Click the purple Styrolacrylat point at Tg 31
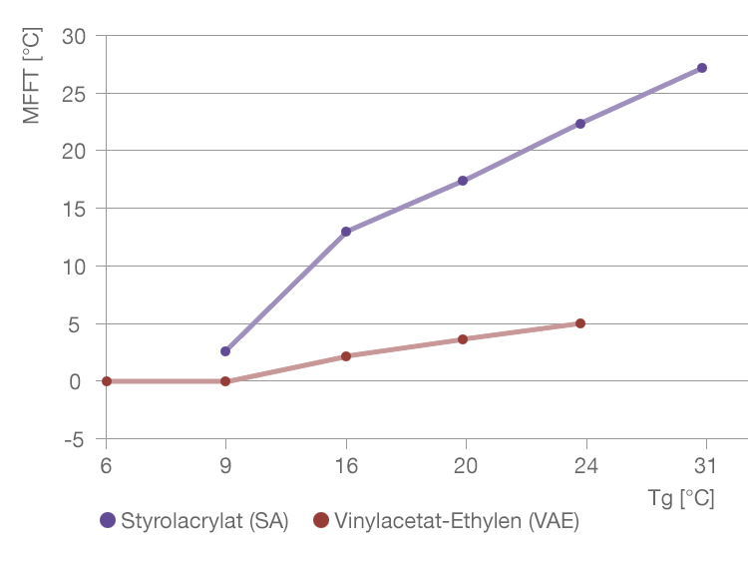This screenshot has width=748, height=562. [x=702, y=68]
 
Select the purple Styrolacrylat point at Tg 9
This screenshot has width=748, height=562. [x=225, y=351]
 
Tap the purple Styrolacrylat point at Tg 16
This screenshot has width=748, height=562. [x=346, y=232]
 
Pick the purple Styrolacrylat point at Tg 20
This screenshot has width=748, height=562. [x=463, y=181]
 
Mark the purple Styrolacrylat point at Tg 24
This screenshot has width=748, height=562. [x=580, y=124]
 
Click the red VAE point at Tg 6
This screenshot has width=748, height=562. [x=107, y=381]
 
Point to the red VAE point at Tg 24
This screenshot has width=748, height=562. [x=580, y=323]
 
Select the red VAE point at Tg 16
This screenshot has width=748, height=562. [x=346, y=356]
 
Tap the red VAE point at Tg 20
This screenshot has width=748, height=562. [x=463, y=339]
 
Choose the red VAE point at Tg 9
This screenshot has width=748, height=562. [x=225, y=381]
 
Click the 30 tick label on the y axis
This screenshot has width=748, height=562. [x=75, y=36]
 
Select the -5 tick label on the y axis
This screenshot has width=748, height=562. [x=74, y=439]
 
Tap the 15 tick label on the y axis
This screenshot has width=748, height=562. [x=75, y=209]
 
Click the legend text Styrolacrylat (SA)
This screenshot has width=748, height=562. [x=204, y=521]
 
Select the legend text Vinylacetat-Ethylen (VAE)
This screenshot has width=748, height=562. [x=457, y=521]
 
